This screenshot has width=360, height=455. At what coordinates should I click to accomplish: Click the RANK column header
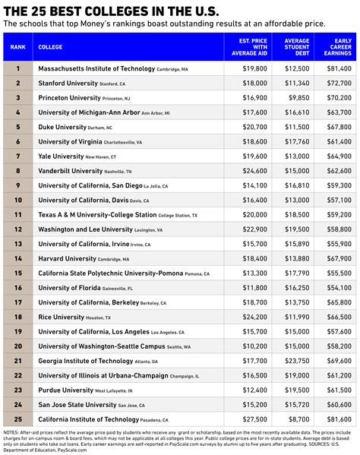click(x=17, y=46)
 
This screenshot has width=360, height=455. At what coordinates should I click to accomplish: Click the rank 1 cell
click(x=17, y=68)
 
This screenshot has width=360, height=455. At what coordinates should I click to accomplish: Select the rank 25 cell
click(x=17, y=419)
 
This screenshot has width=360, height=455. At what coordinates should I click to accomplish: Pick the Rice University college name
click(x=69, y=317)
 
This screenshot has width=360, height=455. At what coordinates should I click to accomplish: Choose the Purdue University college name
click(x=73, y=390)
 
